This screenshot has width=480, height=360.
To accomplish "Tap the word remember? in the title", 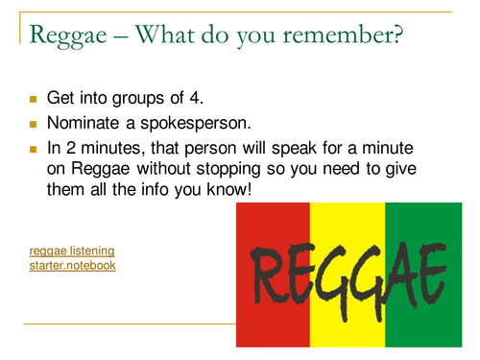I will [340, 35].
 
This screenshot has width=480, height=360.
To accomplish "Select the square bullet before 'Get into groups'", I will [33, 99].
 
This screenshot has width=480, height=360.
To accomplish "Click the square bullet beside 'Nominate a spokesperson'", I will [33, 125].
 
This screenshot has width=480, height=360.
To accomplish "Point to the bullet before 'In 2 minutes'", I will [33, 151].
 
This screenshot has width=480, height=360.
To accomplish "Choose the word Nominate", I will [84, 124].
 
